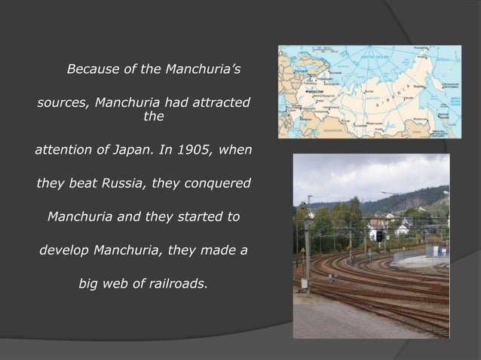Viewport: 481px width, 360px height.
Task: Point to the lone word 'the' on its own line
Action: pyautogui.click(x=153, y=117)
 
